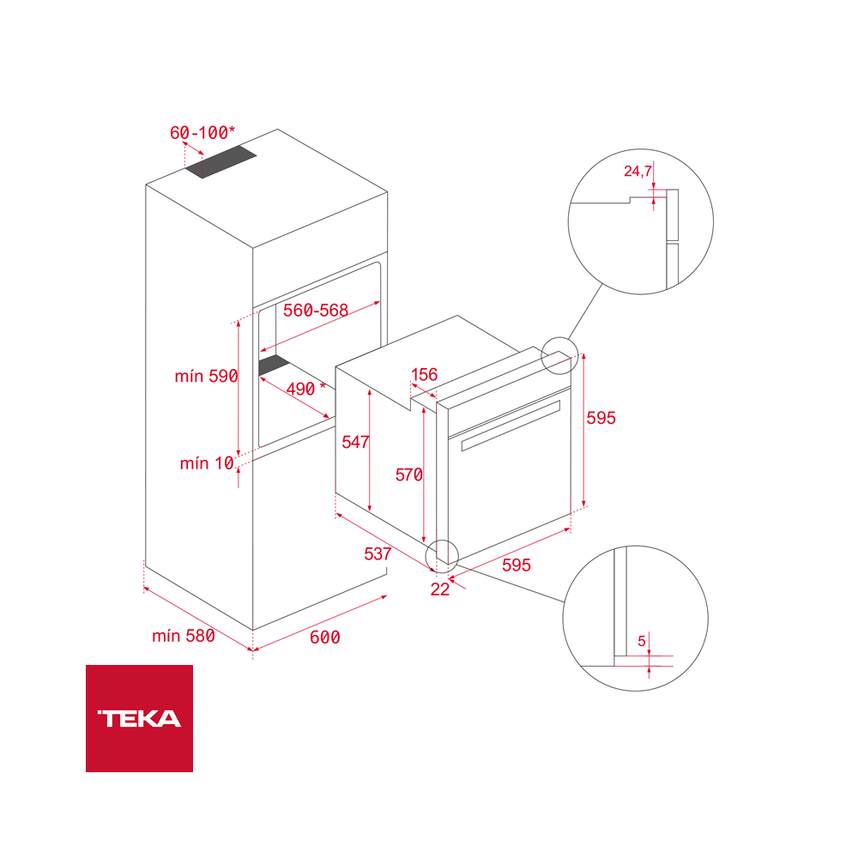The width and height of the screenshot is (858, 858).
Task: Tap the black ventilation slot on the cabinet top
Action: coord(222,162)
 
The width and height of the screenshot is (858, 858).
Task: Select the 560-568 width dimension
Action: coord(316,311)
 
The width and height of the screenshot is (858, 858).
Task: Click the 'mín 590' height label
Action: coord(205,376)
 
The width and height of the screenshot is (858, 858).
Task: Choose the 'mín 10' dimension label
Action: coord(207,463)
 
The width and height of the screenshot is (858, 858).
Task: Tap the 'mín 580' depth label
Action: coord(183,636)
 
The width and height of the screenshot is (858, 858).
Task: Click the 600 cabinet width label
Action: coord(324,637)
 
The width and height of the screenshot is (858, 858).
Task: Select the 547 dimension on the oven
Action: coord(355,442)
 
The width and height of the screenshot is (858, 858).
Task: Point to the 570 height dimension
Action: coord(408,474)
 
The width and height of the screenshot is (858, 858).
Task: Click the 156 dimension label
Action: coord(424,374)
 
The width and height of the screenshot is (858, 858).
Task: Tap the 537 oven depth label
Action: coord(378,553)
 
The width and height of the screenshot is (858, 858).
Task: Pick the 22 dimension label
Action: coord(440,589)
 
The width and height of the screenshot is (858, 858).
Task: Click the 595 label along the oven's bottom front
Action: coord(516,565)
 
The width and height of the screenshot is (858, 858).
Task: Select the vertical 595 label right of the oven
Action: coord(601,418)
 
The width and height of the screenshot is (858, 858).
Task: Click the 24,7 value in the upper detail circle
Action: coord(637,172)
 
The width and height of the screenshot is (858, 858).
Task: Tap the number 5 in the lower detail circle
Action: coord(642,640)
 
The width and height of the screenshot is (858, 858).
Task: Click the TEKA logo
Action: coord(139,718)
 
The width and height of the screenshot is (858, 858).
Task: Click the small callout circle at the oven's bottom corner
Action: coord(443,554)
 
